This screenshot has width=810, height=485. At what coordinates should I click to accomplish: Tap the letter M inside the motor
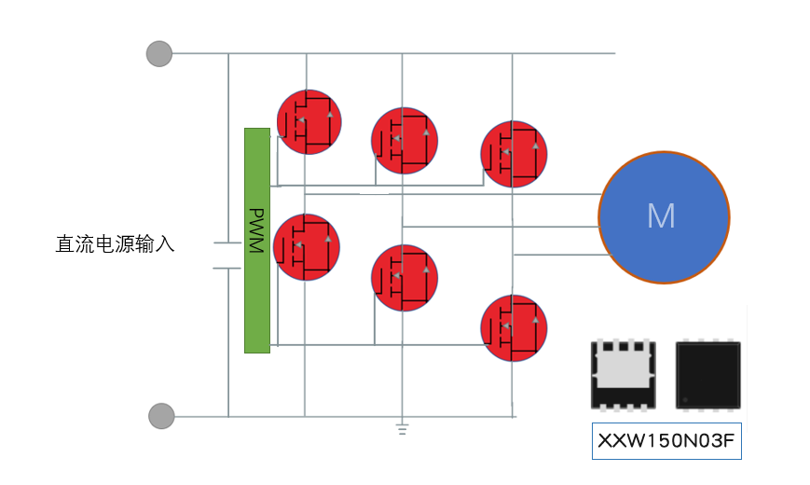[661, 216]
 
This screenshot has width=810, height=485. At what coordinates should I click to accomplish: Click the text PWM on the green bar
[257, 232]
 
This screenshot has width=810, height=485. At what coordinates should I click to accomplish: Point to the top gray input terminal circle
[159, 53]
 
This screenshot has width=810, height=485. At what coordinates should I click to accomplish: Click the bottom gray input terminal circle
[162, 416]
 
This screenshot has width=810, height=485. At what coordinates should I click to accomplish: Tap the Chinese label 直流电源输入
[116, 245]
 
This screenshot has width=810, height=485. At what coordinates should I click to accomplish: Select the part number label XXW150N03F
[666, 442]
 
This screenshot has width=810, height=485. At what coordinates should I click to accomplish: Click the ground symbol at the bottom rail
[402, 429]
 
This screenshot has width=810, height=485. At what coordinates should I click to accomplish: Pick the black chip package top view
[707, 374]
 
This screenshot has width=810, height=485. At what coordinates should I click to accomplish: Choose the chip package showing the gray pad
[623, 374]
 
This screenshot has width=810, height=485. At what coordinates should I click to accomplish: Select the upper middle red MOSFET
[405, 140]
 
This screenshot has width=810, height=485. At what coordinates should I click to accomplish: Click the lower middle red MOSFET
[405, 278]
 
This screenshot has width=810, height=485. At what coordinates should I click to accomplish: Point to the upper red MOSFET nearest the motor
[514, 154]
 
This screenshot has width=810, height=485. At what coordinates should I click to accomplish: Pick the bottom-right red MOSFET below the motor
[514, 327]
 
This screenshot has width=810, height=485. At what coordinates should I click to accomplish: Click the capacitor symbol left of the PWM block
[228, 256]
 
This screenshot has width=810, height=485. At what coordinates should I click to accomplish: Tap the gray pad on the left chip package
[622, 371]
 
